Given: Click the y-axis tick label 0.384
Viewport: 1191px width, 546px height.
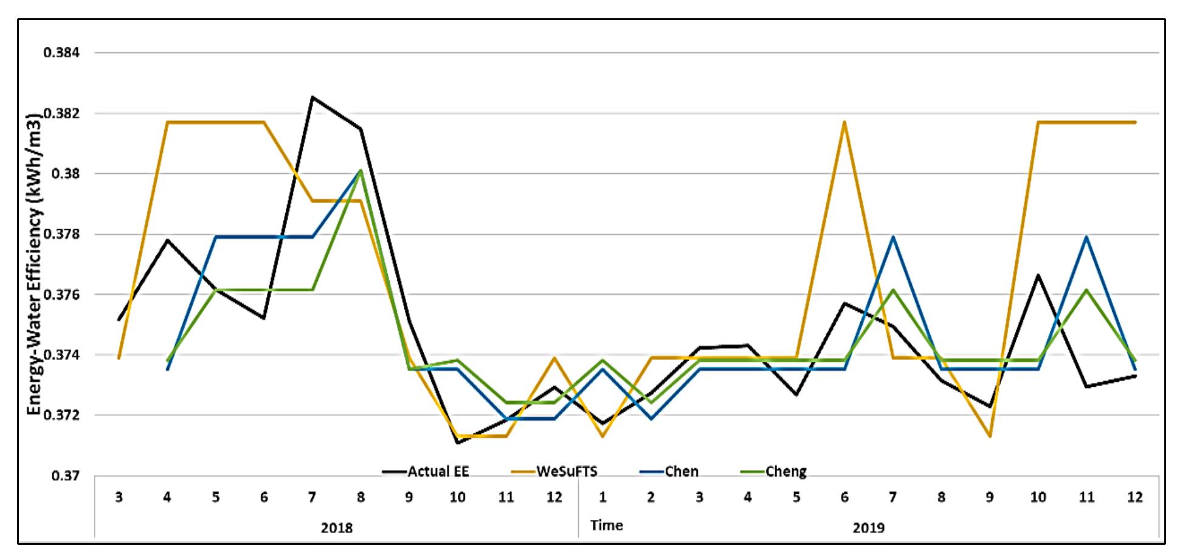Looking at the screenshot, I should pyautogui.click(x=61, y=53).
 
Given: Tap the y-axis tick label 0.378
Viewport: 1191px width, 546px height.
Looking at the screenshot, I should pyautogui.click(x=61, y=234).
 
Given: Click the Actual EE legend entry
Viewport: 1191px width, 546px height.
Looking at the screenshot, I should pyautogui.click(x=426, y=471).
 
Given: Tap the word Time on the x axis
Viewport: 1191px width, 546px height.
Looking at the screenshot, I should pyautogui.click(x=606, y=525).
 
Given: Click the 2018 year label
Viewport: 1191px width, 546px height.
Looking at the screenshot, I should pyautogui.click(x=336, y=527).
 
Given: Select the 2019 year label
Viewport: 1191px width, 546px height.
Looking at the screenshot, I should pyautogui.click(x=869, y=527).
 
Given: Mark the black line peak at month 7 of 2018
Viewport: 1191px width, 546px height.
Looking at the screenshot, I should pyautogui.click(x=312, y=97).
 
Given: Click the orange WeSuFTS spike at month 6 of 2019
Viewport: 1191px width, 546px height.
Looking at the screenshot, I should pyautogui.click(x=844, y=122).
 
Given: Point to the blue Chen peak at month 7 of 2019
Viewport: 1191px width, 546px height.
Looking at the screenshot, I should pyautogui.click(x=892, y=237).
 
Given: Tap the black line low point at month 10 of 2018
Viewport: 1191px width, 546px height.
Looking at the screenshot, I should pyautogui.click(x=457, y=443).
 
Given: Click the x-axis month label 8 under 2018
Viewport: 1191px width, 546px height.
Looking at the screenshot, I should pyautogui.click(x=361, y=497).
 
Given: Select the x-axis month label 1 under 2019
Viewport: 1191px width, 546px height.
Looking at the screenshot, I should pyautogui.click(x=602, y=497).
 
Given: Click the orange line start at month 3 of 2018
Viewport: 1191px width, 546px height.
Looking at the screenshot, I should pyautogui.click(x=119, y=358).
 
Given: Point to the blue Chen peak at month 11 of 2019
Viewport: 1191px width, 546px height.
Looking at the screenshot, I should pyautogui.click(x=1086, y=237).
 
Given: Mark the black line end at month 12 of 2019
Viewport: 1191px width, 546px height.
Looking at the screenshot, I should pyautogui.click(x=1134, y=376).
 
